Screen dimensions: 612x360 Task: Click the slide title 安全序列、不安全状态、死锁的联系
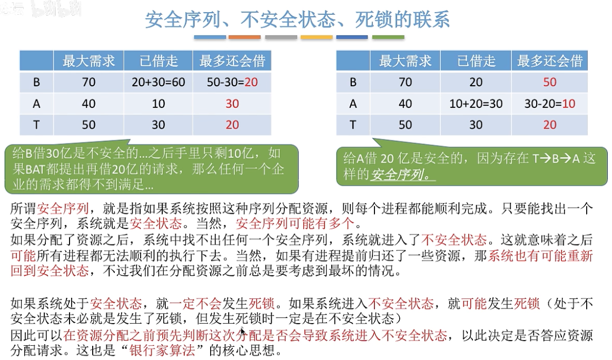point(298,19)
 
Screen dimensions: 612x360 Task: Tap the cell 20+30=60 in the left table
point(158,82)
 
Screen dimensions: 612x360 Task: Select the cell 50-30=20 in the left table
point(232,82)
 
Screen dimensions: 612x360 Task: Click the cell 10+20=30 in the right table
point(476,104)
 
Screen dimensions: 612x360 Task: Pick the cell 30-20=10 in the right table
point(549,104)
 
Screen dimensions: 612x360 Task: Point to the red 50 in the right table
point(549,82)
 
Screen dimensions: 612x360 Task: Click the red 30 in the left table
point(232,104)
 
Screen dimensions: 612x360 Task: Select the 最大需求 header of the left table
point(88,61)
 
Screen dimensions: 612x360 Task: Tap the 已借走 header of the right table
point(476,61)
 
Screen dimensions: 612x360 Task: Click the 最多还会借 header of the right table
point(549,61)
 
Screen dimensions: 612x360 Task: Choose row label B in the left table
point(37,82)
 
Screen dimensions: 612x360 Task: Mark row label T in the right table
point(353,125)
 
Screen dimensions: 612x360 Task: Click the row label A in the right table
point(353,104)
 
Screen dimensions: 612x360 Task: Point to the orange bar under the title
point(245,37)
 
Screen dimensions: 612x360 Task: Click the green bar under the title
point(388,37)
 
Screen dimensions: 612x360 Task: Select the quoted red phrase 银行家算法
point(162,350)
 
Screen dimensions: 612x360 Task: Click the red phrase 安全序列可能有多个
point(295,224)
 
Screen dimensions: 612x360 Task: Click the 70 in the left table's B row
point(88,82)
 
